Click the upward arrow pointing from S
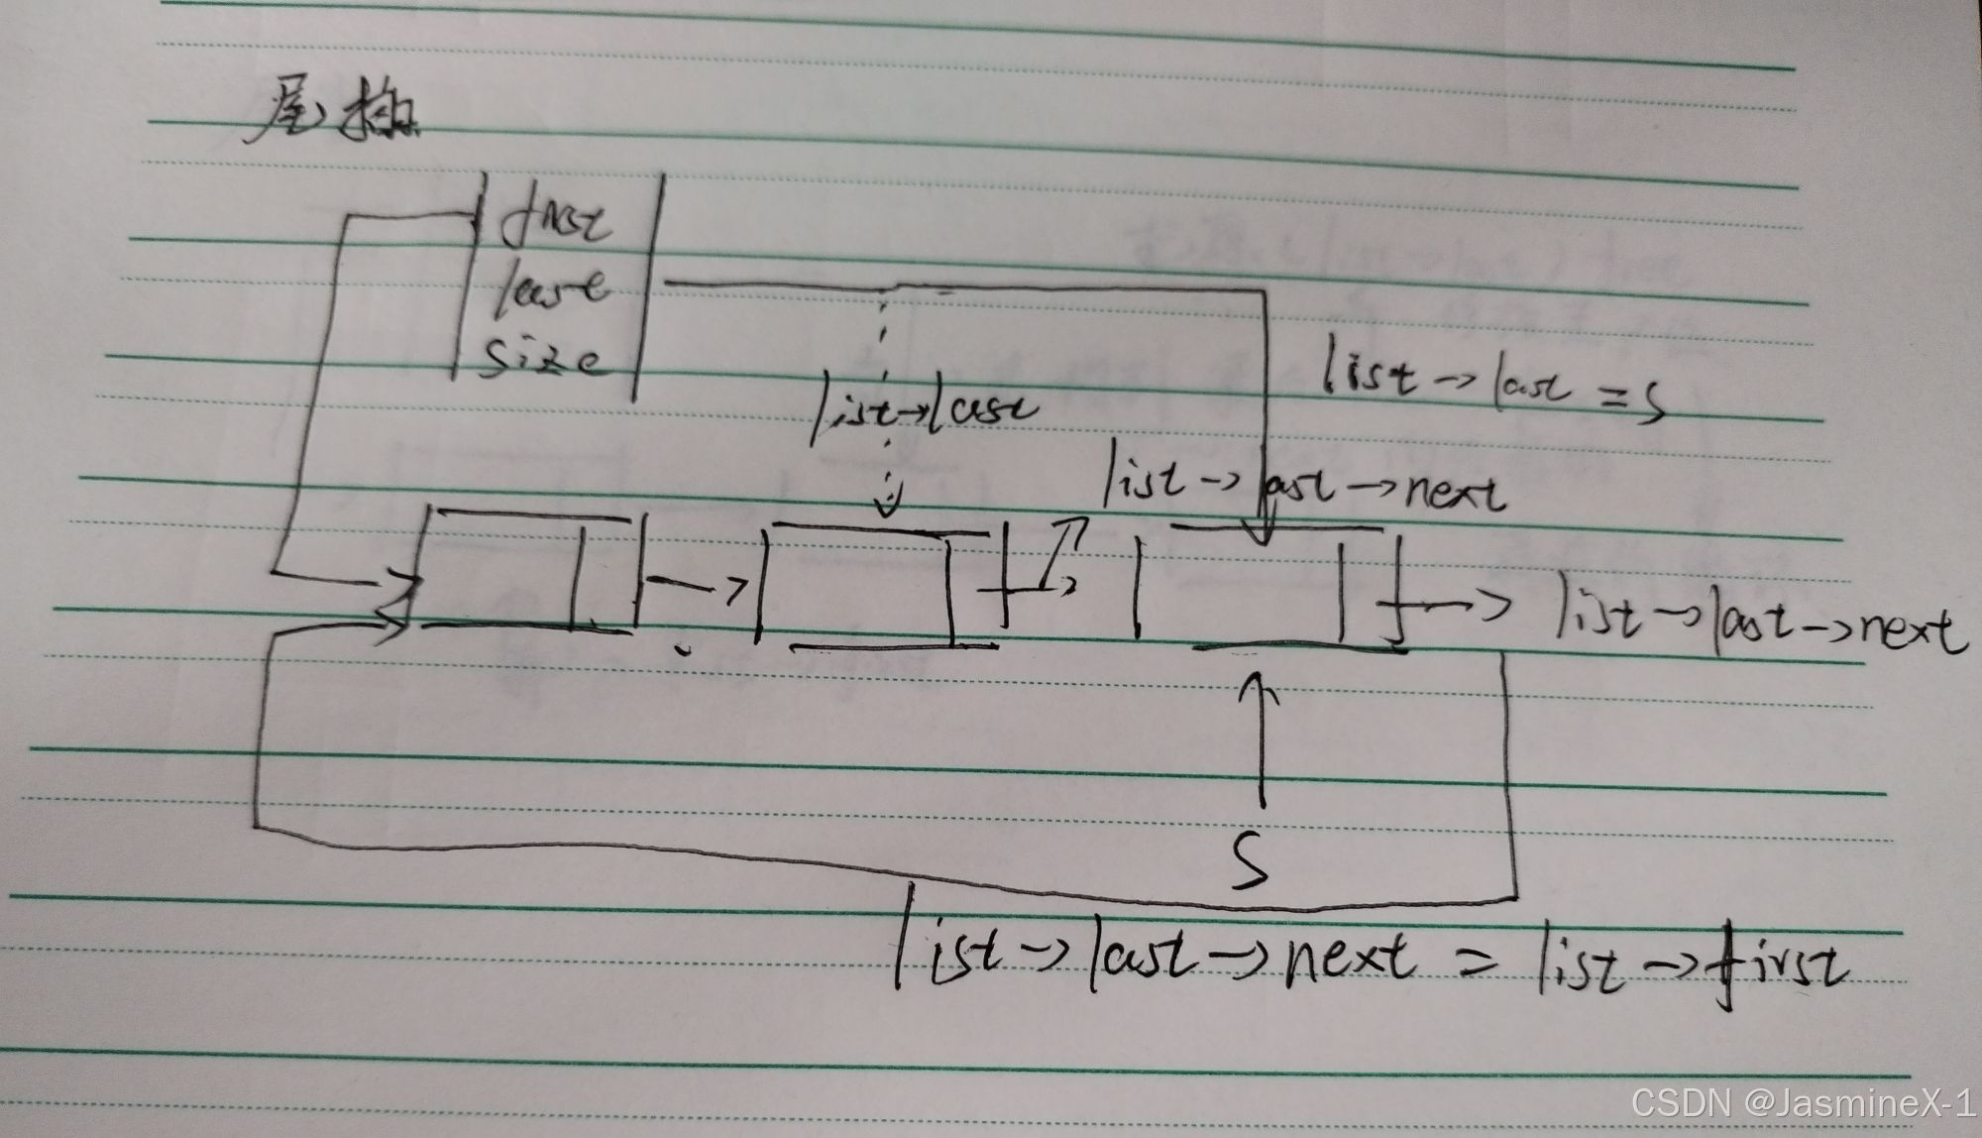(x=1261, y=739)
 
